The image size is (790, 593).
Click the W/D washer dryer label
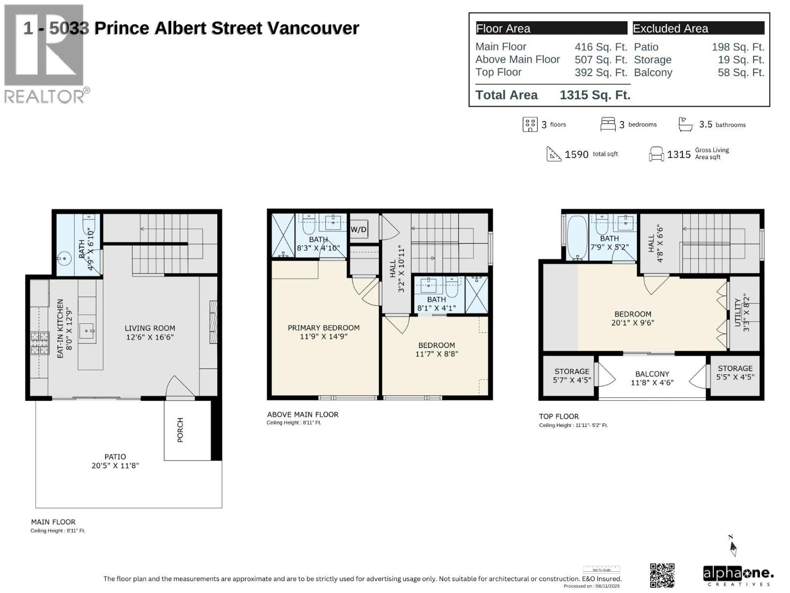[358, 229]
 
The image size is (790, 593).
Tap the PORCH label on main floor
[180, 429]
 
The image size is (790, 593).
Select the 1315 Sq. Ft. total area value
[594, 95]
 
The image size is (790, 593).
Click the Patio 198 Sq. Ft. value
[738, 47]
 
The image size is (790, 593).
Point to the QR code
[662, 575]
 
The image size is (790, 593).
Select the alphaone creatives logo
[738, 575]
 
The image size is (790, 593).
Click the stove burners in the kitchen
[40, 342]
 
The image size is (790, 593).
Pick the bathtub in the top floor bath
[576, 237]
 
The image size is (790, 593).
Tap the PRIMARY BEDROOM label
[323, 328]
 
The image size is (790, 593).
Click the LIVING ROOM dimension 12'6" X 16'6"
[150, 337]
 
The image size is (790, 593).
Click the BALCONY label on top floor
[652, 374]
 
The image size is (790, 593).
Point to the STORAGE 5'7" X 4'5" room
[571, 376]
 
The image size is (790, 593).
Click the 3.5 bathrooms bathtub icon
[685, 124]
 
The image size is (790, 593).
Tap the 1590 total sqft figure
[576, 154]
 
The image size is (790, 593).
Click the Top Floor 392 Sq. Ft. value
[600, 72]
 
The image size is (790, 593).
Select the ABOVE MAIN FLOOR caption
[303, 415]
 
